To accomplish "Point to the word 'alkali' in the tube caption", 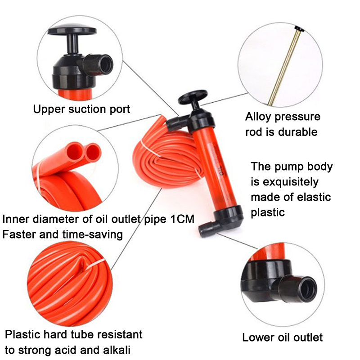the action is (117, 350).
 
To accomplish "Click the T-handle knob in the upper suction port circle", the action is (72, 30).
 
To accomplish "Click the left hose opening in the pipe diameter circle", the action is (75, 151).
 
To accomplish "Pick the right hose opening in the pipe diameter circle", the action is (93, 153).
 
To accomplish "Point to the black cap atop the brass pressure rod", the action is (299, 29).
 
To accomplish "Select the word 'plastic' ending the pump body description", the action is (268, 212).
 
